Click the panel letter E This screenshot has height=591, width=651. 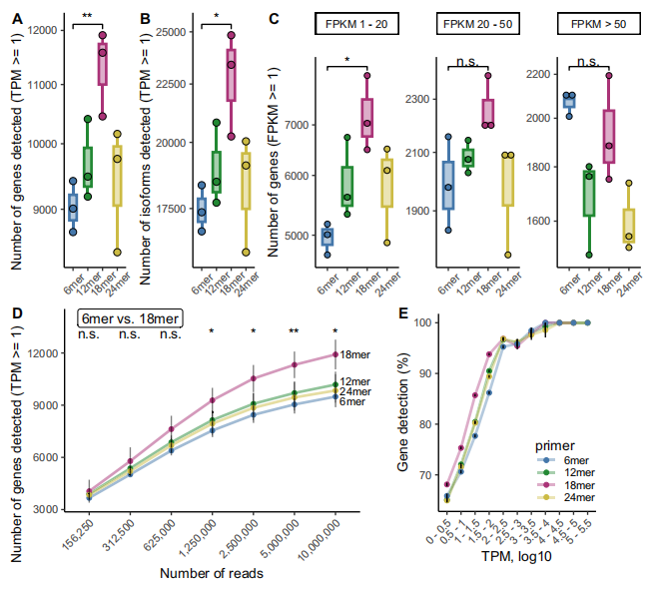(x=403, y=313)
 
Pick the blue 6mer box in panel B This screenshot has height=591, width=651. (x=202, y=209)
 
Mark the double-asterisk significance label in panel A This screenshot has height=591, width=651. (x=87, y=16)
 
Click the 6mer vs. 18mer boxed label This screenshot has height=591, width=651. (x=130, y=318)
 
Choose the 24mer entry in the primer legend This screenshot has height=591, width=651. (x=578, y=496)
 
